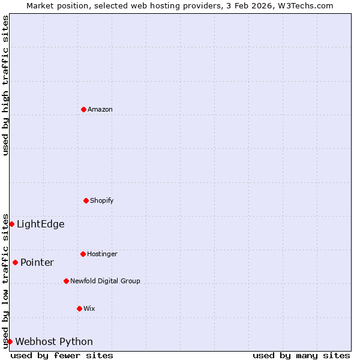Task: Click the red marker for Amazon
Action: tap(83, 109)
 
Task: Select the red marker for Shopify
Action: tap(86, 200)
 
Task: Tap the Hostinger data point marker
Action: tap(83, 254)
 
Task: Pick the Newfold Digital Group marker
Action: tap(66, 281)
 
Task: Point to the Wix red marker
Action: tap(79, 308)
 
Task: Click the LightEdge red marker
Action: tap(11, 224)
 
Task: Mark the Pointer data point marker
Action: tap(15, 262)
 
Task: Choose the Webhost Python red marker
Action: tap(10, 341)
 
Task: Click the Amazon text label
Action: tap(100, 109)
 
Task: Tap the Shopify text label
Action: tap(102, 200)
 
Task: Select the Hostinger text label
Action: tap(102, 254)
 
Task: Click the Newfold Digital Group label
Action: tap(105, 281)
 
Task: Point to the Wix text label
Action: tap(89, 308)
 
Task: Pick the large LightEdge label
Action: tap(40, 224)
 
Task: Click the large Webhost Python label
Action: tap(54, 342)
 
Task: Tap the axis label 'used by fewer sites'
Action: tap(62, 355)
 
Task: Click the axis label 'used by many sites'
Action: tap(301, 355)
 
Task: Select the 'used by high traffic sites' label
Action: tap(5, 85)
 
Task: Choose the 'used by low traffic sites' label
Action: tap(5, 280)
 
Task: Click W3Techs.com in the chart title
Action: tap(305, 5)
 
